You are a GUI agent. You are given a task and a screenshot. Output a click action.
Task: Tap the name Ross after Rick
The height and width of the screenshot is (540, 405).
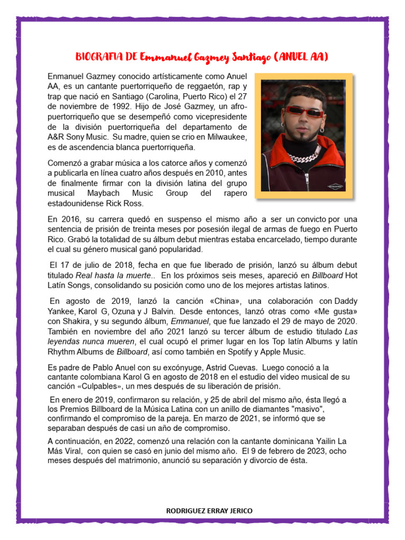[132, 203]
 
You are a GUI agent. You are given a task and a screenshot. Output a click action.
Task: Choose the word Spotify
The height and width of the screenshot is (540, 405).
[262, 352]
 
